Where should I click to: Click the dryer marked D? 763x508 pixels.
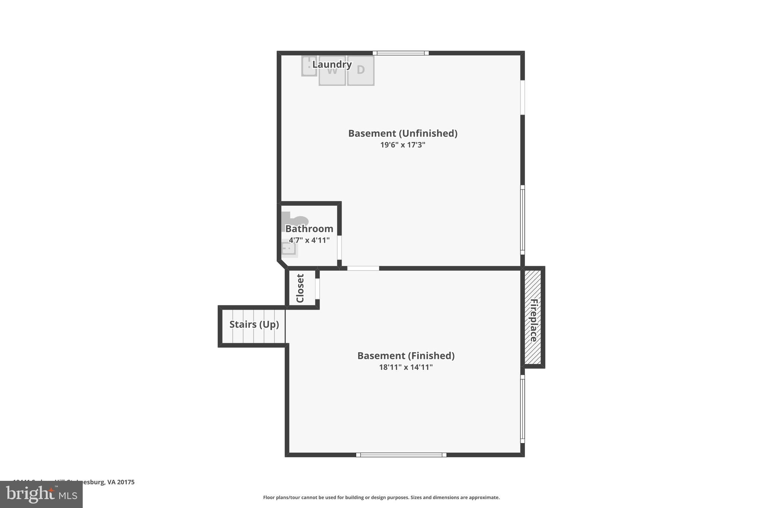click(361, 71)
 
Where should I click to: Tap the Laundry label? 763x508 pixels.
click(332, 64)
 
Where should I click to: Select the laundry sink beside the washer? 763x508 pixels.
click(309, 67)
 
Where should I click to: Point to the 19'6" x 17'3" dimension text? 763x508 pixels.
click(402, 145)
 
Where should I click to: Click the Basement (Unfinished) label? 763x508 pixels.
click(402, 133)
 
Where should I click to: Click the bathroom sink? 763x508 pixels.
click(289, 249)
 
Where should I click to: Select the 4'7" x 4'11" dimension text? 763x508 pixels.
click(309, 240)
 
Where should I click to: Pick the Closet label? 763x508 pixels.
click(300, 288)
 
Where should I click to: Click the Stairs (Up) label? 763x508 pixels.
click(254, 325)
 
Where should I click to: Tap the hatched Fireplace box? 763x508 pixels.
click(533, 317)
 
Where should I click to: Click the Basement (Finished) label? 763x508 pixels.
click(406, 356)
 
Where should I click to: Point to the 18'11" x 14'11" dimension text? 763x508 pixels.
click(406, 367)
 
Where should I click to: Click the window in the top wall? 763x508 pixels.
click(401, 53)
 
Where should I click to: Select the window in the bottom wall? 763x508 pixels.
click(401, 455)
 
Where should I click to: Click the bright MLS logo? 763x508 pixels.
click(41, 494)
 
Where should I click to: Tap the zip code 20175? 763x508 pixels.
click(126, 482)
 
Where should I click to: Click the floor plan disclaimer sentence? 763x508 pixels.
click(381, 497)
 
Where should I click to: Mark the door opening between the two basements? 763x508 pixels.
click(363, 268)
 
